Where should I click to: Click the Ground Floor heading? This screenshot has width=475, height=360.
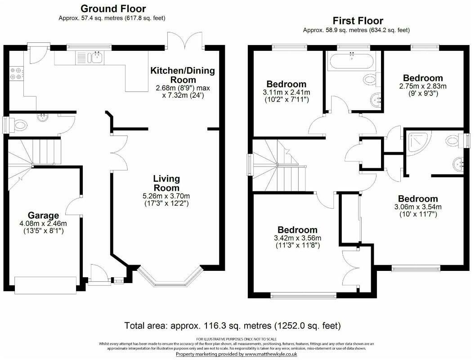[x=113, y=9]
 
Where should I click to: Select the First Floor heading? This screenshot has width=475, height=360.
[x=358, y=21]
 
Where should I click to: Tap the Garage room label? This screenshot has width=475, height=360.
[x=44, y=215]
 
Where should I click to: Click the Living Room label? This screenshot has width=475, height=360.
[x=166, y=183]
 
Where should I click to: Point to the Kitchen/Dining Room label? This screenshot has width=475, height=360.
[x=182, y=75]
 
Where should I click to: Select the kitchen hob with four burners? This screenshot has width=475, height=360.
[x=15, y=73]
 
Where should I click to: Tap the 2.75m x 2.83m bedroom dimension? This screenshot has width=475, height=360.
[x=422, y=86]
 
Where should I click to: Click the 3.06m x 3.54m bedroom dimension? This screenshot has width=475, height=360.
[x=417, y=207]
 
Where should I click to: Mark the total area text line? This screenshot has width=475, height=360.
[x=232, y=325]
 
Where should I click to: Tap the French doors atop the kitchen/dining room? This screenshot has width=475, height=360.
[x=184, y=41]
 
